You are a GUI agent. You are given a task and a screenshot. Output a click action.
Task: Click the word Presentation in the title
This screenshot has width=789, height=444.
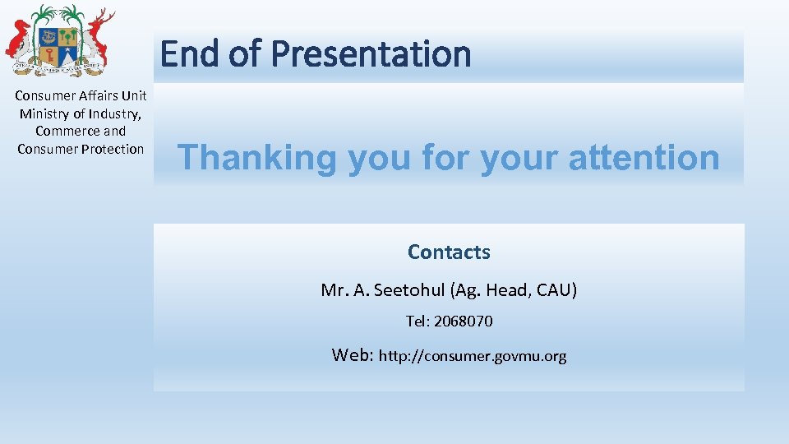(371, 54)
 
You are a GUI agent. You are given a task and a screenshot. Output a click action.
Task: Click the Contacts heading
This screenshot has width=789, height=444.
(449, 252)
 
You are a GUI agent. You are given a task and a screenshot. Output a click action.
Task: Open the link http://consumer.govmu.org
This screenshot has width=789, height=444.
(473, 357)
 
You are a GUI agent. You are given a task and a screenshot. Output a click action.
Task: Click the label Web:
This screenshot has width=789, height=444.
(353, 355)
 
